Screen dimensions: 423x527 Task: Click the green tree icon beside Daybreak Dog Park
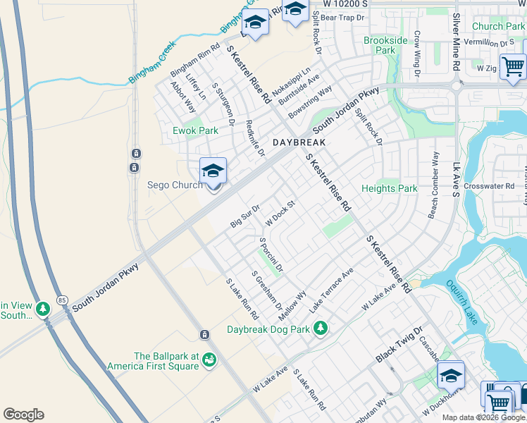pos(321,329)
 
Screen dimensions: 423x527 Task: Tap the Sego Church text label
pos(173,185)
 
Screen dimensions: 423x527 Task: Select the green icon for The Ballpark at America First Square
pos(209,361)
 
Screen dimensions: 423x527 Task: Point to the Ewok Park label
pos(196,130)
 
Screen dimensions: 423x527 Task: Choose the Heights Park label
pos(390,188)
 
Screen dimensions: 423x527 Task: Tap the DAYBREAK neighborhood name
pos(299,142)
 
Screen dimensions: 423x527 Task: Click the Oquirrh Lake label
pos(462,302)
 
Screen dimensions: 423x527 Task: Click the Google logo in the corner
pos(23,415)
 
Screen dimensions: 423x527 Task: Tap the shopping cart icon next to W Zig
pos(513,67)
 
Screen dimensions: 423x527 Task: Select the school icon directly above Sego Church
pos(213,171)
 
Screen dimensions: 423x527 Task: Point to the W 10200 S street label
pos(347,4)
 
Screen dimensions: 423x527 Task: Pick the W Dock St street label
pos(279,214)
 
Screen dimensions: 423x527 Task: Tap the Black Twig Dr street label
pos(398,345)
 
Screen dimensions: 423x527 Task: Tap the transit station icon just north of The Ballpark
pos(204,334)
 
